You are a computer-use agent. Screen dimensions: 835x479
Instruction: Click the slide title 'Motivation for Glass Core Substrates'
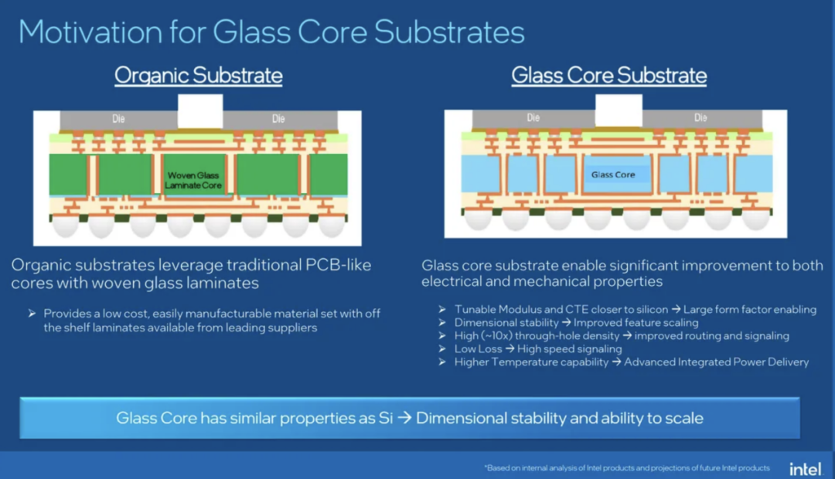tap(271, 32)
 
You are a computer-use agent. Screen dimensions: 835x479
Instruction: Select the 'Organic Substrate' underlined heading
tap(199, 76)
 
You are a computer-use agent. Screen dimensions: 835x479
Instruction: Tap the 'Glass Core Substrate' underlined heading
tap(609, 76)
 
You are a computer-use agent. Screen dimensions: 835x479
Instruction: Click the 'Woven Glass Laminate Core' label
tap(193, 180)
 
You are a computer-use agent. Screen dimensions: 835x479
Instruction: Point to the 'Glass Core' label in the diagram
tap(613, 175)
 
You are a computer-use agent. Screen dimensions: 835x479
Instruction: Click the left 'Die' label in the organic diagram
tap(118, 119)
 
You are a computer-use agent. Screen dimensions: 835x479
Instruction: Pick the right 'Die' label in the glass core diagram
tap(700, 117)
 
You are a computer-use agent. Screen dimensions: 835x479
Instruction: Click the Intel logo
tap(806, 469)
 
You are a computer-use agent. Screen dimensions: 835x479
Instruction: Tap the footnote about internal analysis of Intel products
tap(627, 468)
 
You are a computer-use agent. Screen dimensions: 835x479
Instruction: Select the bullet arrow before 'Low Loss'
tap(442, 348)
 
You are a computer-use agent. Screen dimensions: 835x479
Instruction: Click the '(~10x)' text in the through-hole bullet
tap(496, 336)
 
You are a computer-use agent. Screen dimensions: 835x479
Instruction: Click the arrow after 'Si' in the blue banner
tap(404, 418)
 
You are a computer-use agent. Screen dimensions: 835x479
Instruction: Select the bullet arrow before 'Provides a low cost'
tap(32, 313)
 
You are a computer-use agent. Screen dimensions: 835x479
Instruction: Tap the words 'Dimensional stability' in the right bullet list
tap(506, 322)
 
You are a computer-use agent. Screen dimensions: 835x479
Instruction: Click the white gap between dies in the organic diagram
tap(200, 111)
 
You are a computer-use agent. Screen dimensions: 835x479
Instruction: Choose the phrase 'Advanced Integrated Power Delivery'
tap(716, 362)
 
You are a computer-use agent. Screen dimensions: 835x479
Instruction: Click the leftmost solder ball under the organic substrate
tap(66, 226)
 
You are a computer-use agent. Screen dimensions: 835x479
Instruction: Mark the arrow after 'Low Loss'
tap(510, 348)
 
